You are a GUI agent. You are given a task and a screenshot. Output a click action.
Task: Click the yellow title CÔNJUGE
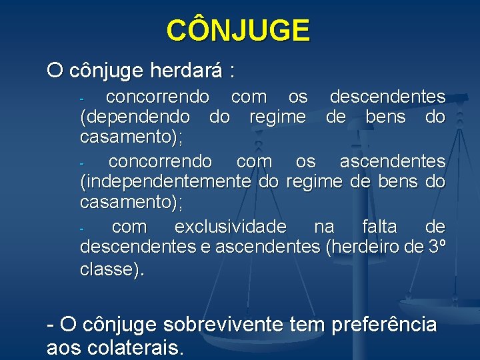(238, 31)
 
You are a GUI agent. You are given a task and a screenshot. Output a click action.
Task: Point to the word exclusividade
(230, 227)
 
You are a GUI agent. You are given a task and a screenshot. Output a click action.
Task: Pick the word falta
(379, 227)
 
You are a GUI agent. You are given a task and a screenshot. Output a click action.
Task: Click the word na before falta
(324, 227)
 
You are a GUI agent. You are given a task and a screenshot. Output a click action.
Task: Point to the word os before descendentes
(298, 97)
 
